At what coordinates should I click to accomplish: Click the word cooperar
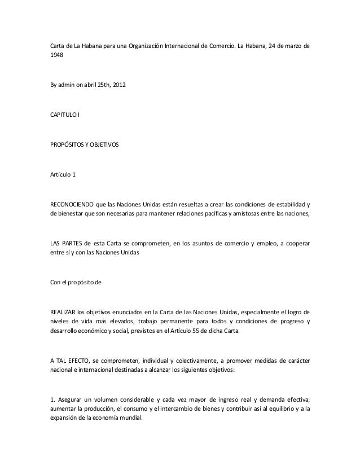coord(293,244)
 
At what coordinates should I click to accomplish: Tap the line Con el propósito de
coord(76,280)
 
